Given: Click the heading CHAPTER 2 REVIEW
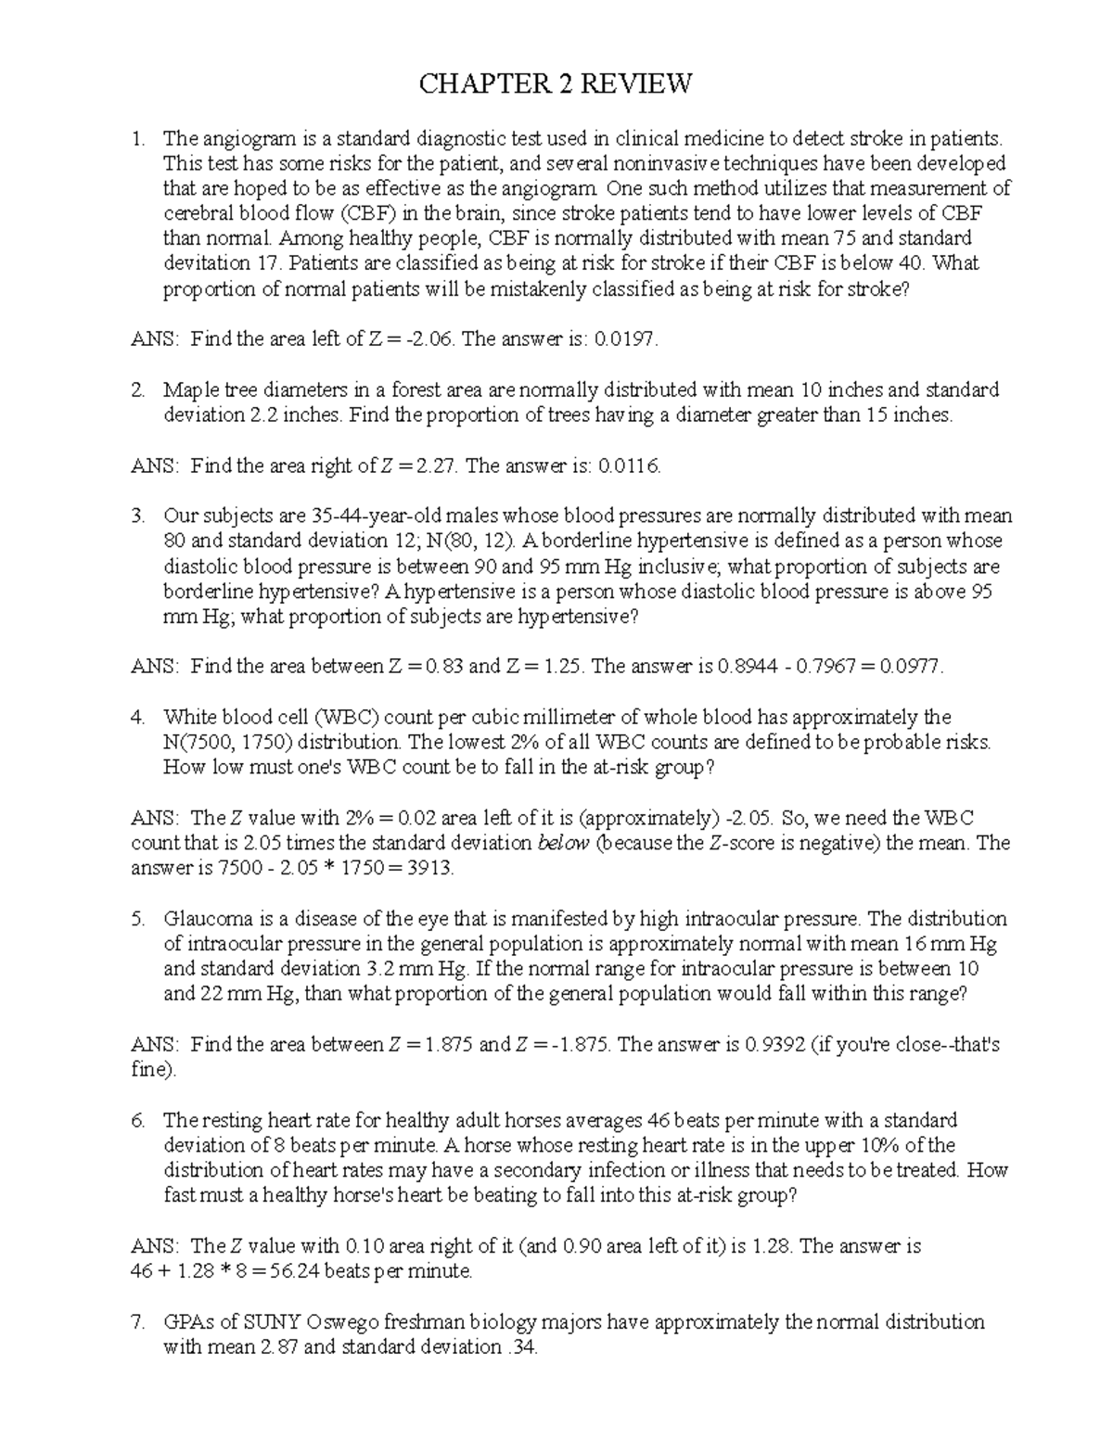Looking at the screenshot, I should pos(556,85).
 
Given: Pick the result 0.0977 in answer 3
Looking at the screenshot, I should pos(913,667).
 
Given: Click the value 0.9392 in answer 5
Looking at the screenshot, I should pos(775,1045).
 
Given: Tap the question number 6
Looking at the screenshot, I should pos(138,1120).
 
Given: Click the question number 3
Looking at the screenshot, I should pos(138,516).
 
